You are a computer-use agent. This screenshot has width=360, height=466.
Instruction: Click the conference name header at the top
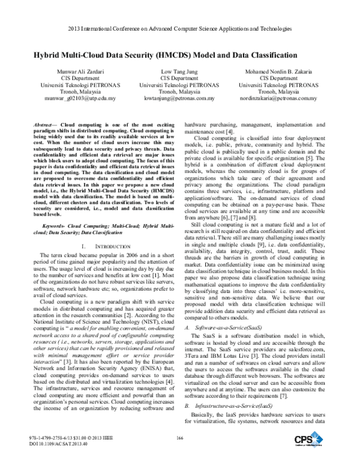[x=179, y=28]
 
